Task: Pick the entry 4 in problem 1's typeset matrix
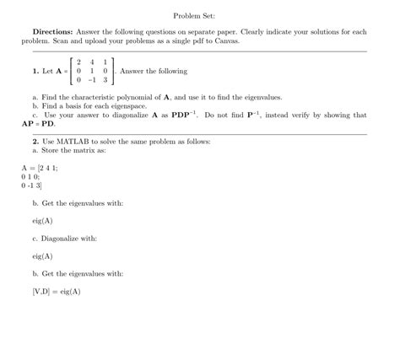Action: pos(91,62)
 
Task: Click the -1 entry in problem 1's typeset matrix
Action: pos(90,80)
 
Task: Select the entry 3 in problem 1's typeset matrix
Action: pos(105,80)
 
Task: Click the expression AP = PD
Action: pos(37,123)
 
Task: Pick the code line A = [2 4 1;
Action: pos(41,168)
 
